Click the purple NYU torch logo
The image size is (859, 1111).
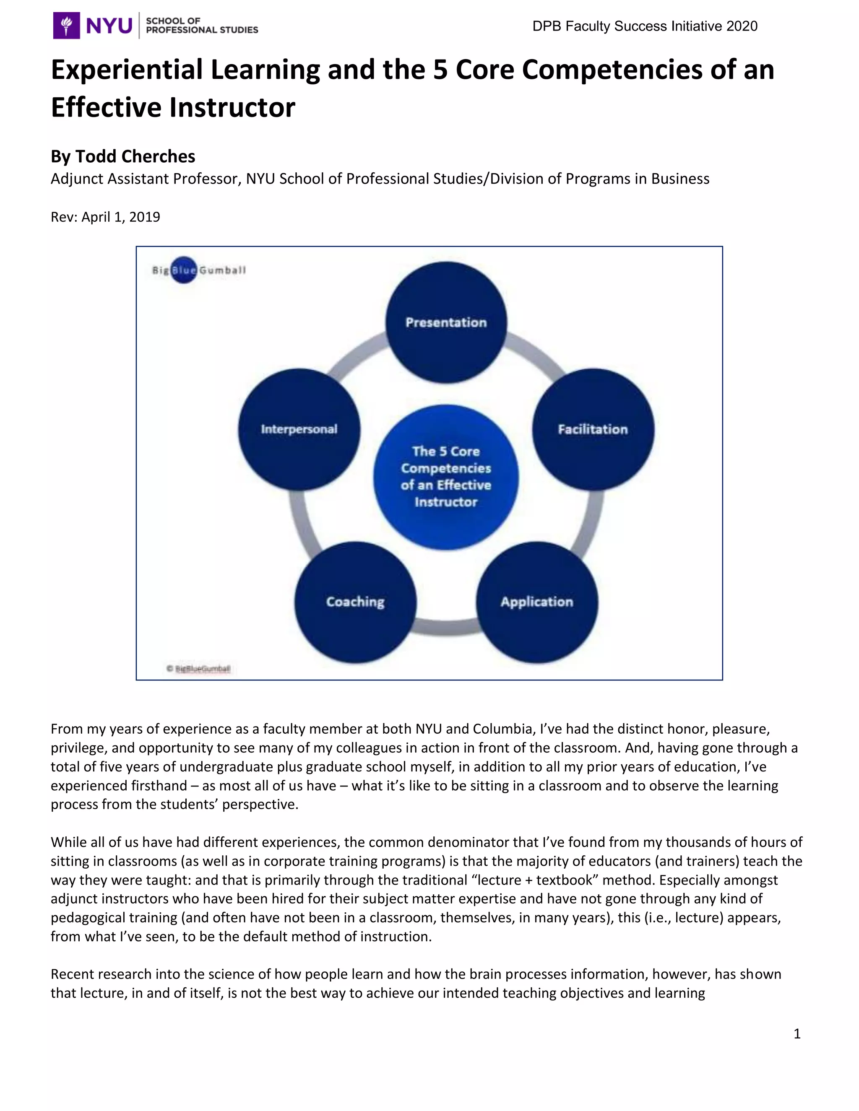[x=67, y=26]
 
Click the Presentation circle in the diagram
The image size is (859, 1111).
[x=446, y=322]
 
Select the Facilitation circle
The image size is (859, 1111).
[x=593, y=429]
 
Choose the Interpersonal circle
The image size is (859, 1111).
[x=299, y=429]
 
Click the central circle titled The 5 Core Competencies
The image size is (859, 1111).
[x=446, y=477]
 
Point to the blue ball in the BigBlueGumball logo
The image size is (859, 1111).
[x=184, y=270]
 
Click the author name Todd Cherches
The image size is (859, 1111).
[x=135, y=156]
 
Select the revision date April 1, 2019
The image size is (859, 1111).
[x=121, y=217]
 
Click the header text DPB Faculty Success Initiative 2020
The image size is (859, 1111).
[x=645, y=26]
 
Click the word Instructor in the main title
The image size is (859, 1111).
[x=232, y=107]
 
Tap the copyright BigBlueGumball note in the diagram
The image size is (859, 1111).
[x=199, y=668]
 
